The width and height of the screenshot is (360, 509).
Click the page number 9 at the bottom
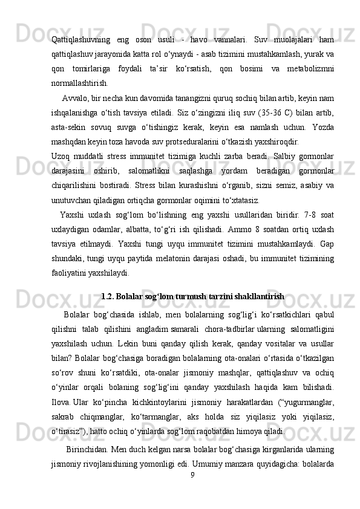192,475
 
